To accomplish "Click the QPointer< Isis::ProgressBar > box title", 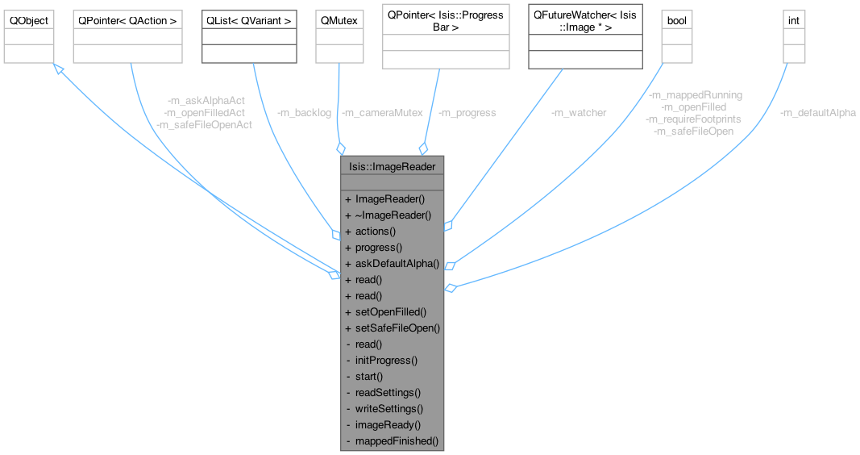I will [446, 21].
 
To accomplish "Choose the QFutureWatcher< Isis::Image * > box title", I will [585, 21].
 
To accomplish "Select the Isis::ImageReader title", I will [393, 167].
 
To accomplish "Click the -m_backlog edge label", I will [303, 113].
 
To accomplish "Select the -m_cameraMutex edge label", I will [381, 113].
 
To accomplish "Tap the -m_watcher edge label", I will [579, 113].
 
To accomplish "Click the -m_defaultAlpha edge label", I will [817, 113].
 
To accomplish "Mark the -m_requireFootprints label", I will [693, 119].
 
